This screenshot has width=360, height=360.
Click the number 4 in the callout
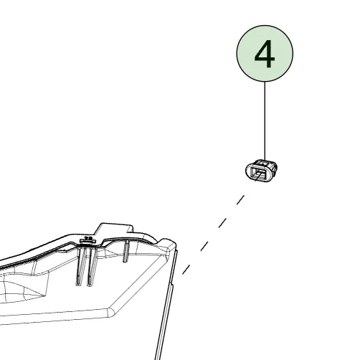(265, 54)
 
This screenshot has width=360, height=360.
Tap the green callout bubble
(265, 54)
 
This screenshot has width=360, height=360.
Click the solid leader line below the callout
(265, 120)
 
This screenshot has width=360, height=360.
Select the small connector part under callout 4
(261, 171)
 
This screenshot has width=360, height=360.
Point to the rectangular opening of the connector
(259, 173)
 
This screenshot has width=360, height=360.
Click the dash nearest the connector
(240, 200)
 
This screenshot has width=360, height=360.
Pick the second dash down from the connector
(222, 223)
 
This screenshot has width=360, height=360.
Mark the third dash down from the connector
(204, 246)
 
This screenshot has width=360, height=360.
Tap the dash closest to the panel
(186, 270)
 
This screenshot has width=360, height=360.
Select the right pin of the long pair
(92, 267)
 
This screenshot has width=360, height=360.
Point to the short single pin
(126, 251)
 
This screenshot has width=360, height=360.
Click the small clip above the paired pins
(87, 240)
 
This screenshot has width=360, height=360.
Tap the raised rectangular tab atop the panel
(113, 229)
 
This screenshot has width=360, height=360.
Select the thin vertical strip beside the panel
(166, 303)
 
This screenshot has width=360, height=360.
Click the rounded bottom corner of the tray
(110, 313)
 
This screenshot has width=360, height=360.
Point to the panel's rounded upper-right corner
(169, 244)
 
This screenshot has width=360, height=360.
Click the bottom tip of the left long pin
(78, 285)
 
